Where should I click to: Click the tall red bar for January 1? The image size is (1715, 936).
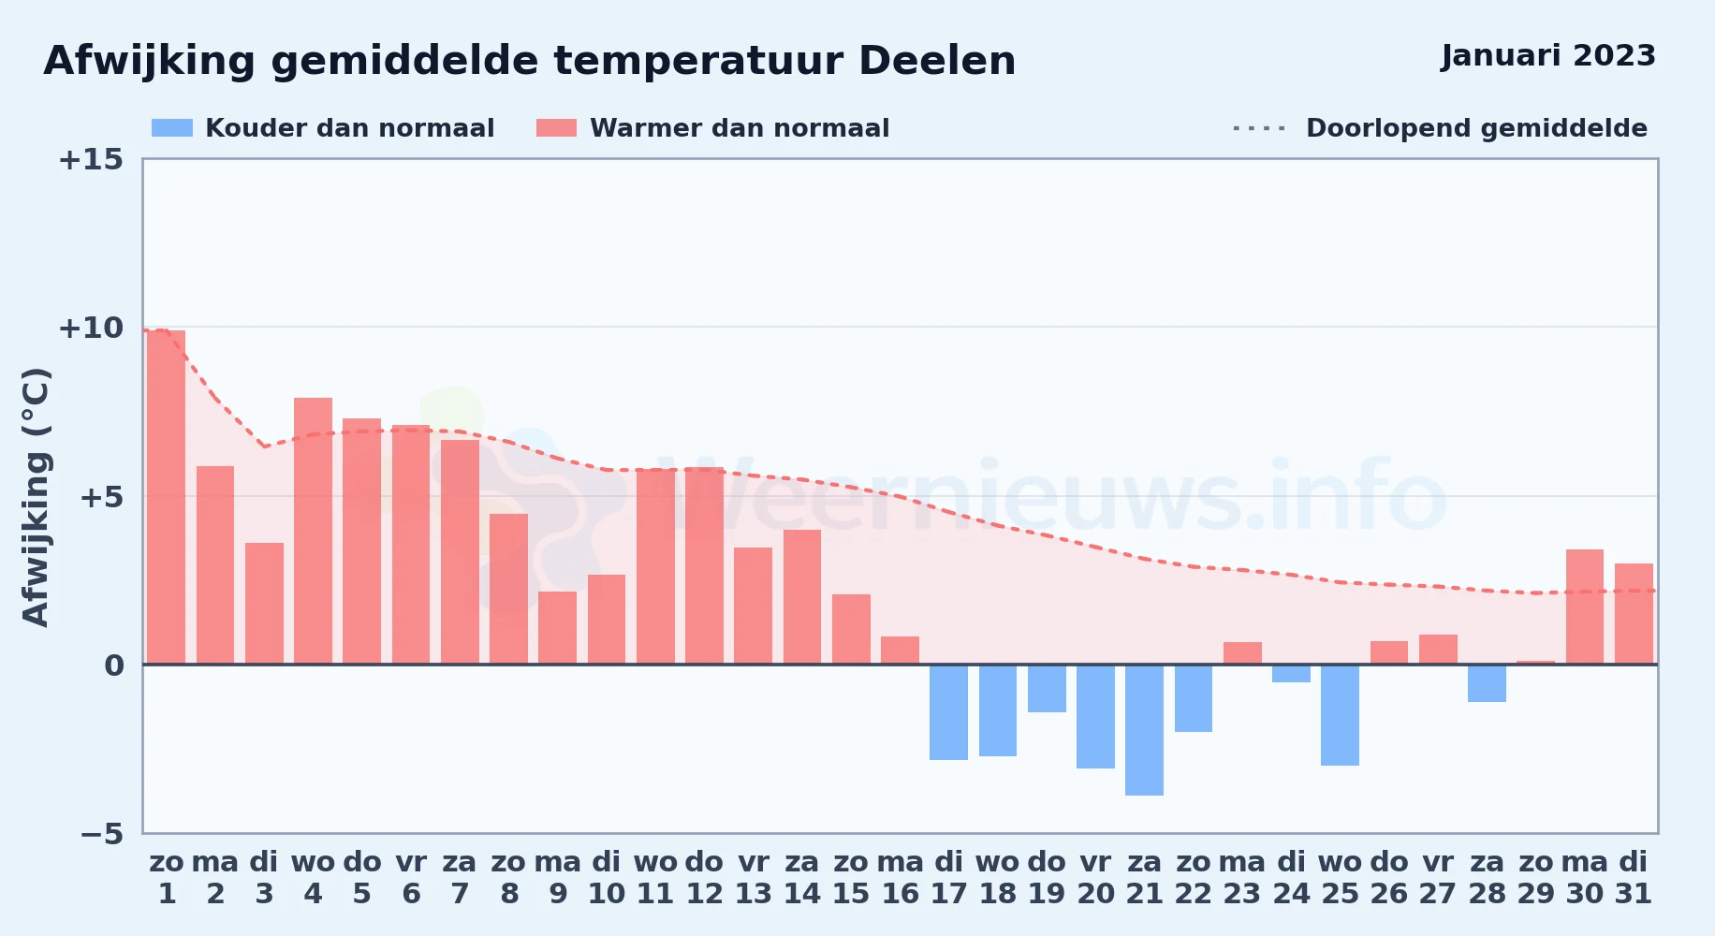pos(167,497)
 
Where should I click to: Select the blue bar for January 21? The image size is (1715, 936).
pos(1144,730)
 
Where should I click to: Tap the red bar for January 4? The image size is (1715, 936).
pos(313,531)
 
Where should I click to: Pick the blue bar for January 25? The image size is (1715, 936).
pos(1340,715)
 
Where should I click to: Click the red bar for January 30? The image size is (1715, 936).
pos(1585,607)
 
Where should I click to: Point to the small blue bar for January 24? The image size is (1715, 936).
pos(1291,674)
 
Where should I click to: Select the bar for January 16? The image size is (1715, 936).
pos(900,651)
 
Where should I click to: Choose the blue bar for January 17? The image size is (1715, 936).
pos(948,712)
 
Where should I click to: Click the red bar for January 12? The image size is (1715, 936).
pos(704,565)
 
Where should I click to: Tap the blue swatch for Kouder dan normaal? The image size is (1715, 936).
pos(172,128)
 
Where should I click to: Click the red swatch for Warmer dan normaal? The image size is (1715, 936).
pos(557,128)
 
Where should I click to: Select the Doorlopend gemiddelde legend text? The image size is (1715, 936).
pos(1476,128)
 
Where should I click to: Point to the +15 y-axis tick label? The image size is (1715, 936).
pos(91,159)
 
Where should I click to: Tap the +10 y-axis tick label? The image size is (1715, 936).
pos(91,328)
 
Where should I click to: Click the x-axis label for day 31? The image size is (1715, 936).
pos(1634,894)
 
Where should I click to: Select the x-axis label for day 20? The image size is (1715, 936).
pos(1095,894)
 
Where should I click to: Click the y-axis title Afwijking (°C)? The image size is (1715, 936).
pos(36,497)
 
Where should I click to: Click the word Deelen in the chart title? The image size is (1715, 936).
pos(937,61)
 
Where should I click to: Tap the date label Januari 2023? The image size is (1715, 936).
pos(1548,55)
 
